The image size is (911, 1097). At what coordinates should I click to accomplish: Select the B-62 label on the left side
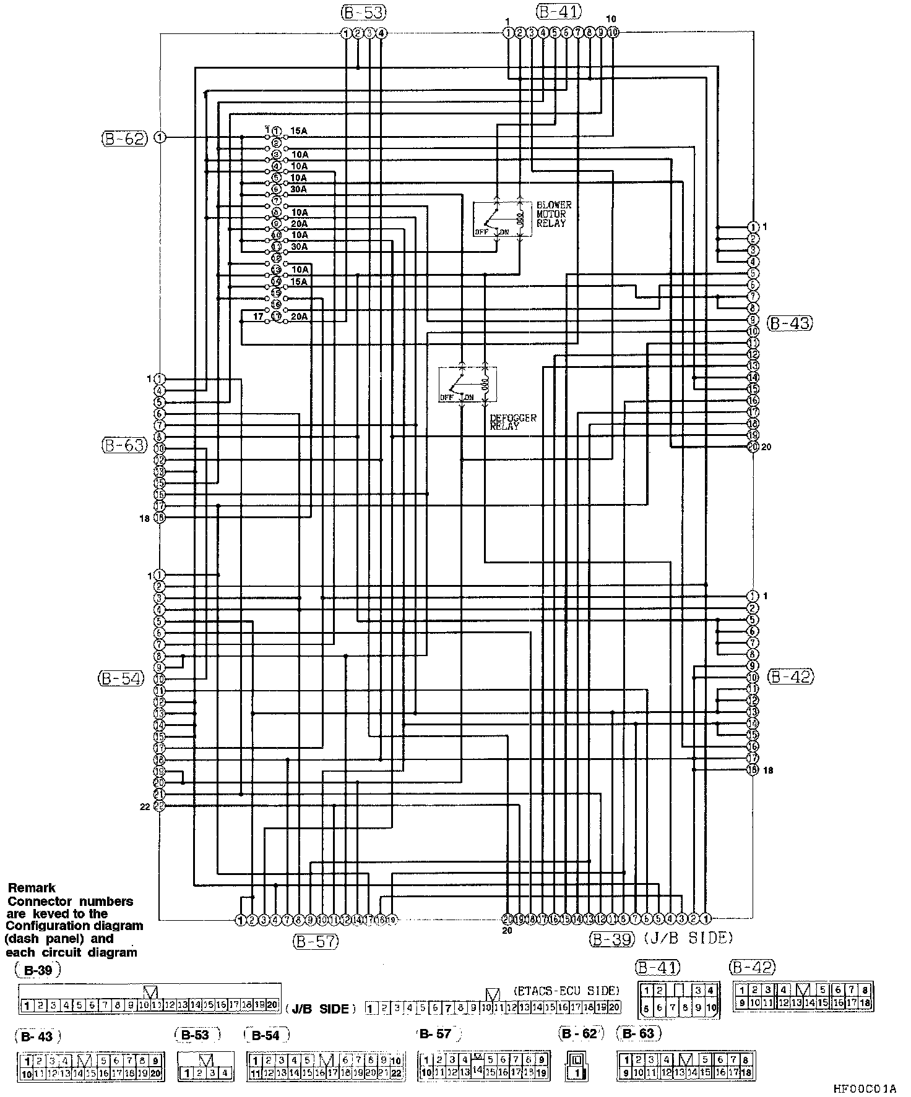click(124, 138)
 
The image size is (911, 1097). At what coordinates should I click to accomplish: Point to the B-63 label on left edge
click(124, 445)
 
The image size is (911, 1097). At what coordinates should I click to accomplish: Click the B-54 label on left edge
click(121, 678)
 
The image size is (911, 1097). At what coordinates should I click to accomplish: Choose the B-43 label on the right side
click(789, 323)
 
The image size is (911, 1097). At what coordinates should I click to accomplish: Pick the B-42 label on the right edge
click(791, 677)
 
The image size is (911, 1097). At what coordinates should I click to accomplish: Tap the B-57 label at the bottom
click(316, 941)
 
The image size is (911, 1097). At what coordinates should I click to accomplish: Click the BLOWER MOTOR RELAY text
click(553, 214)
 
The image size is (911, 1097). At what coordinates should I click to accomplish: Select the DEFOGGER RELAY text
click(512, 422)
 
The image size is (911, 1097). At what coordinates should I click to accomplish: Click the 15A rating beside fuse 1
click(299, 131)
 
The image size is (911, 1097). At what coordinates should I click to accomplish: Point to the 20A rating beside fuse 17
click(299, 317)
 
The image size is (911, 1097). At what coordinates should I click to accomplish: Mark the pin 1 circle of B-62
click(160, 137)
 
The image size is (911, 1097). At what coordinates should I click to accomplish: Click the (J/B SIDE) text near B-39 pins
click(689, 938)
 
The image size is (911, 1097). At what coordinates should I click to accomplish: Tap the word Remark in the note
click(32, 888)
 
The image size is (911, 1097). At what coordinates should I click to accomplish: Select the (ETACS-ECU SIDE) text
click(566, 990)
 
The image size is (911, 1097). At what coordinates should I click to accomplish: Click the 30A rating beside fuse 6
click(299, 189)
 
